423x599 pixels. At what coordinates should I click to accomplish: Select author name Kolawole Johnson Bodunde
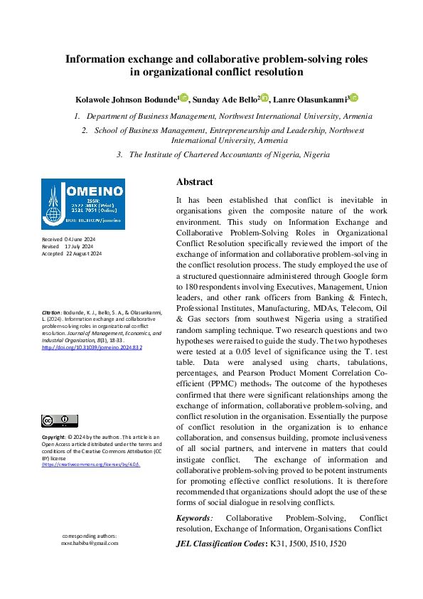coord(125,98)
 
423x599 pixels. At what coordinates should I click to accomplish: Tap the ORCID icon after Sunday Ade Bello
coord(264,97)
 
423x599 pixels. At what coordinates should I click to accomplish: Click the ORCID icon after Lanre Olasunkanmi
coord(353,97)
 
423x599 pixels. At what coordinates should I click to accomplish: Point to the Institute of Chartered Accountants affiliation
coord(229,154)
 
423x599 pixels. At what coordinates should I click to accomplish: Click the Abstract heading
coord(194,181)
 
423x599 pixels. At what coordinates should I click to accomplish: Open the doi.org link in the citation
coord(92,348)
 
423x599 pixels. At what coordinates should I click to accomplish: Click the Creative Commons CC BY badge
coord(60,420)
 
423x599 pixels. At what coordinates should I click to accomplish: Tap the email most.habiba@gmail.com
coord(90,542)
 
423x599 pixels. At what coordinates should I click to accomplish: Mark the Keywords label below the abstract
coord(193,518)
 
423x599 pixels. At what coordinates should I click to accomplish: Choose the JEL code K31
coord(277,544)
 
